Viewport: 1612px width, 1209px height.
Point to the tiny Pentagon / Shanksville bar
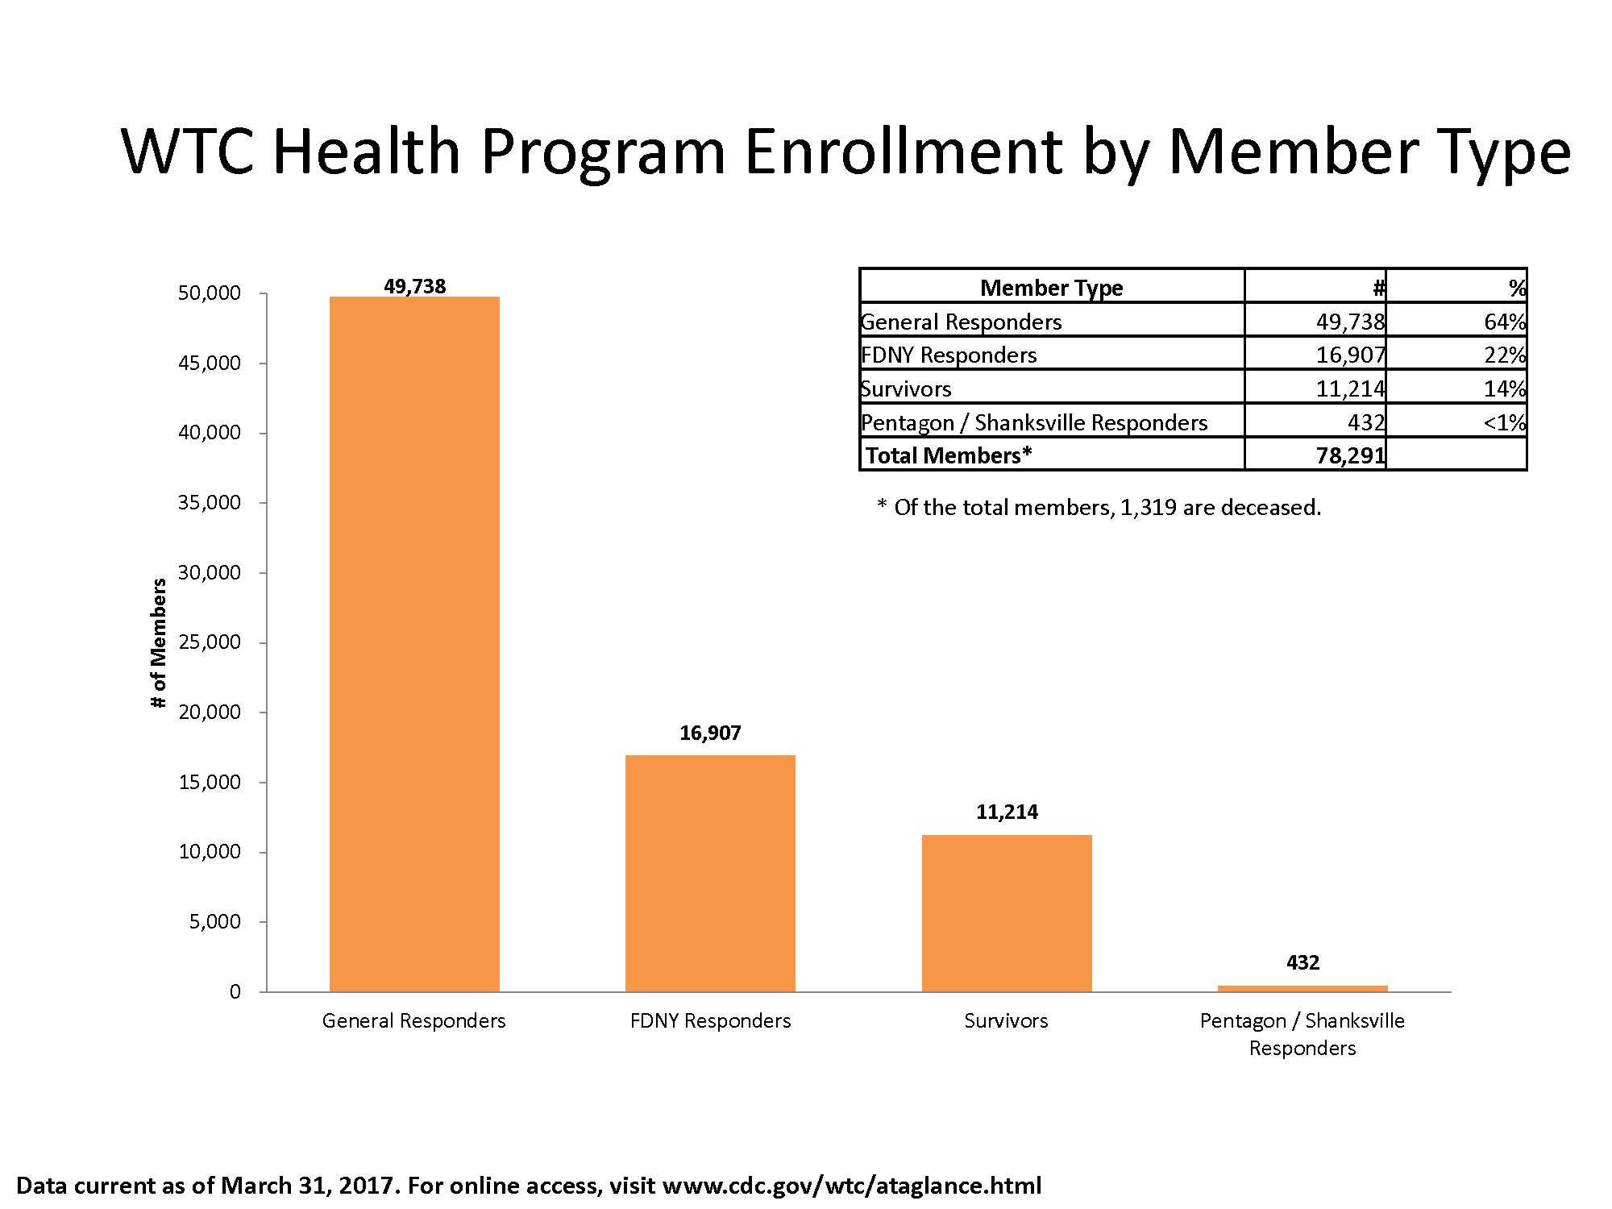pyautogui.click(x=1302, y=988)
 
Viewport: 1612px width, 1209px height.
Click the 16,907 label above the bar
pyautogui.click(x=710, y=733)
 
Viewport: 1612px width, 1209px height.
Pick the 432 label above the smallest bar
pyautogui.click(x=1302, y=962)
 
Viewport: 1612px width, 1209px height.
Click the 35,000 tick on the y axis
pyautogui.click(x=210, y=503)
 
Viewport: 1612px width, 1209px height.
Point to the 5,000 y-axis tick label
pyautogui.click(x=214, y=922)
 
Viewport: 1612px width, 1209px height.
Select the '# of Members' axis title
pyautogui.click(x=159, y=643)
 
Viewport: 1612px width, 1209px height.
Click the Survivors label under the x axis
pyautogui.click(x=1006, y=1021)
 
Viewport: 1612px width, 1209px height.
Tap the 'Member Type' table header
pyautogui.click(x=1051, y=288)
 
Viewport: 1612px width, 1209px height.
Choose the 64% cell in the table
pyautogui.click(x=1504, y=322)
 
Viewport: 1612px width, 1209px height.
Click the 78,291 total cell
pyautogui.click(x=1350, y=456)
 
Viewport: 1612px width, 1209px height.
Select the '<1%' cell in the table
pyautogui.click(x=1504, y=423)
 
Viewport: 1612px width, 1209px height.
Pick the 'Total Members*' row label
pyautogui.click(x=948, y=456)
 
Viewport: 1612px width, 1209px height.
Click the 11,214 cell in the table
pyautogui.click(x=1350, y=389)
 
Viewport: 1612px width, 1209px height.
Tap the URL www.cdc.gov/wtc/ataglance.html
pyautogui.click(x=851, y=1186)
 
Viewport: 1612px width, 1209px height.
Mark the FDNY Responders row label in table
pyautogui.click(x=949, y=355)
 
